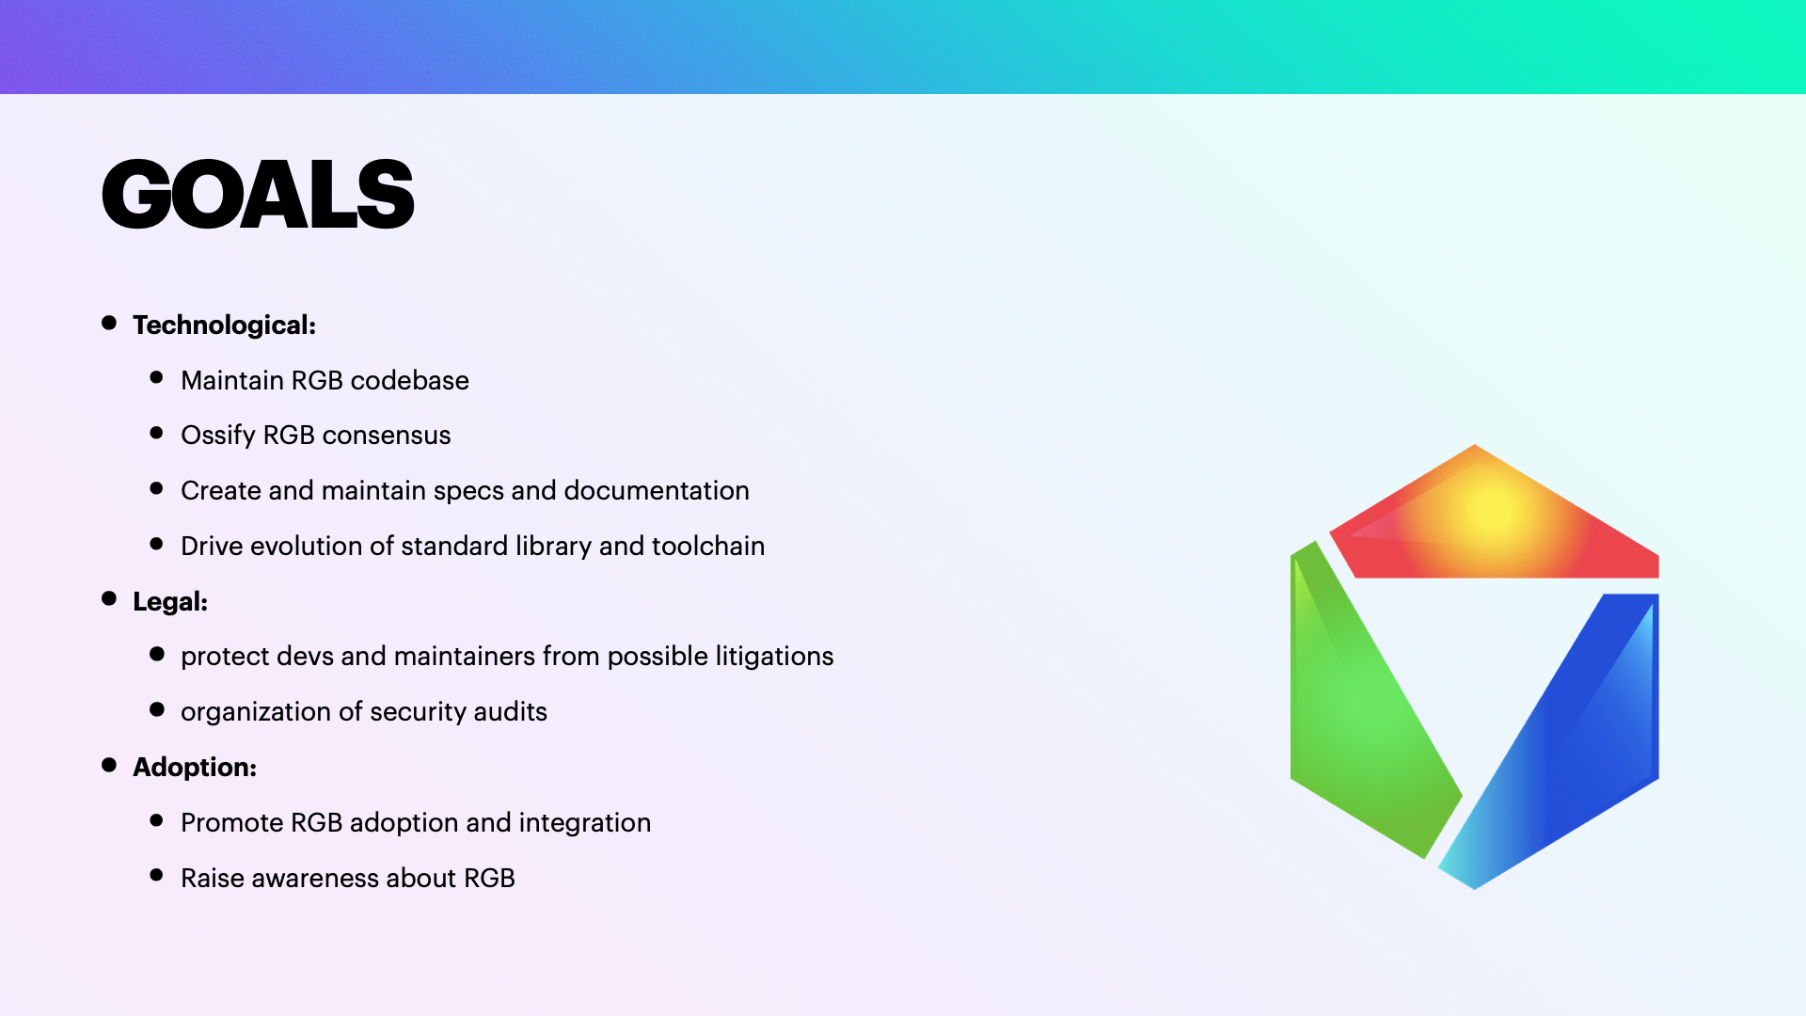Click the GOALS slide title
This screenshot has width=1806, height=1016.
pos(258,194)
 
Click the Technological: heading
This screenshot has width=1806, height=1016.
pos(224,325)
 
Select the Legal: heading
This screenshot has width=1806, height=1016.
pos(170,601)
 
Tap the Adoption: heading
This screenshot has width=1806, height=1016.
pos(195,767)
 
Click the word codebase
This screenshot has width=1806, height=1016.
pos(409,380)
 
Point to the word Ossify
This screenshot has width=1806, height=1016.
pos(218,436)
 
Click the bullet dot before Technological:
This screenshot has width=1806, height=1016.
pos(109,324)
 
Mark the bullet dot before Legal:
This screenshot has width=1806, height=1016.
pos(109,599)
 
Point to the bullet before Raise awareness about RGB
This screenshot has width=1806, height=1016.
pos(157,876)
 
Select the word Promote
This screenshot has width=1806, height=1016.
pos(232,823)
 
